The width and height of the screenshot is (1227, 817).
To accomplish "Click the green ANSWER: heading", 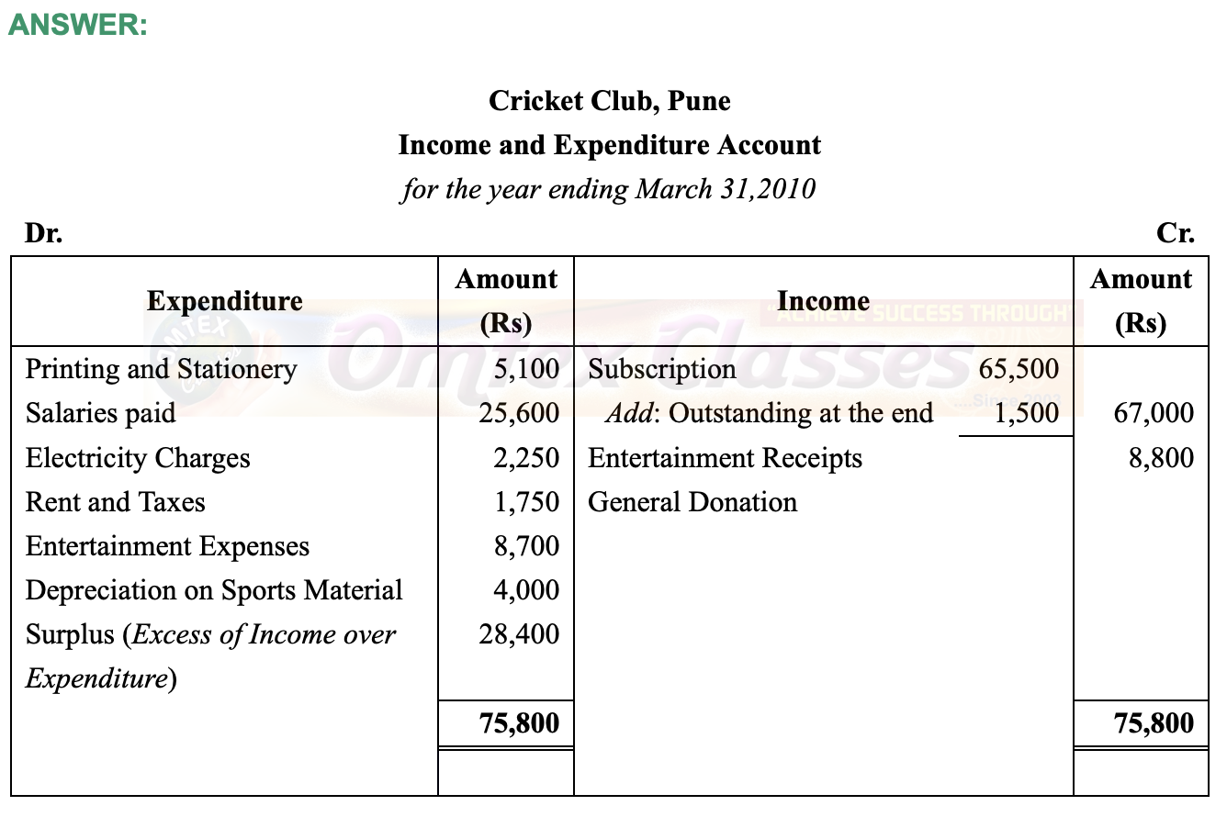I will coord(77,26).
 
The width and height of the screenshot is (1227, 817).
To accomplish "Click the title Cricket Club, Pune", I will coord(610,100).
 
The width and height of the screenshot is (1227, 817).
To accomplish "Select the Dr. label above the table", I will coord(43,233).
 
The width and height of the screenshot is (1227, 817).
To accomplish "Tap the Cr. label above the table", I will coord(1176,233).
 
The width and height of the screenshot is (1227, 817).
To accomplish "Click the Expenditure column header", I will coord(224,301).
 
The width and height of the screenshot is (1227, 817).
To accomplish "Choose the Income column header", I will coord(823,301).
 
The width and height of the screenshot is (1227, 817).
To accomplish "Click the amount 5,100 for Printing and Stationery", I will coord(525,369).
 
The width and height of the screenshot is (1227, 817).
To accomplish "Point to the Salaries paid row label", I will coord(100,413).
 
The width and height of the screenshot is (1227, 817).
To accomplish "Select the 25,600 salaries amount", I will coord(519,413).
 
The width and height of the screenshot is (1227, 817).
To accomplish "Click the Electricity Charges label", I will coord(138,457).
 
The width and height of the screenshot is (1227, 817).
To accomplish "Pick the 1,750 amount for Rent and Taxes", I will coord(525,502).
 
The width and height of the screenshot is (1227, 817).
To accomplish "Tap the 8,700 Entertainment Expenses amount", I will coord(525,546).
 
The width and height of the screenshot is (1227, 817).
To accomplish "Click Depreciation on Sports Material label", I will coord(214,590).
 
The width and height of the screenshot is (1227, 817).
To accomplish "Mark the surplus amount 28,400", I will coord(519,634).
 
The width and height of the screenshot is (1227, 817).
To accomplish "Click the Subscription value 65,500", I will coord(1019,369).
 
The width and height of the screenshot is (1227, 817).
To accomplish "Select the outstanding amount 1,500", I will coord(1025,413).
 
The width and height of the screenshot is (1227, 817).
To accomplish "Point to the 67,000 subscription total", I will coord(1154,413).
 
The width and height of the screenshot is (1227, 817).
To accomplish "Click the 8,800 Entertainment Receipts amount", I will coord(1161,457).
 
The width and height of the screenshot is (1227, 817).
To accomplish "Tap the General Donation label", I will coord(692,502).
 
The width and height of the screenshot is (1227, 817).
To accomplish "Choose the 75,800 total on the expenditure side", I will coord(519,723).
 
